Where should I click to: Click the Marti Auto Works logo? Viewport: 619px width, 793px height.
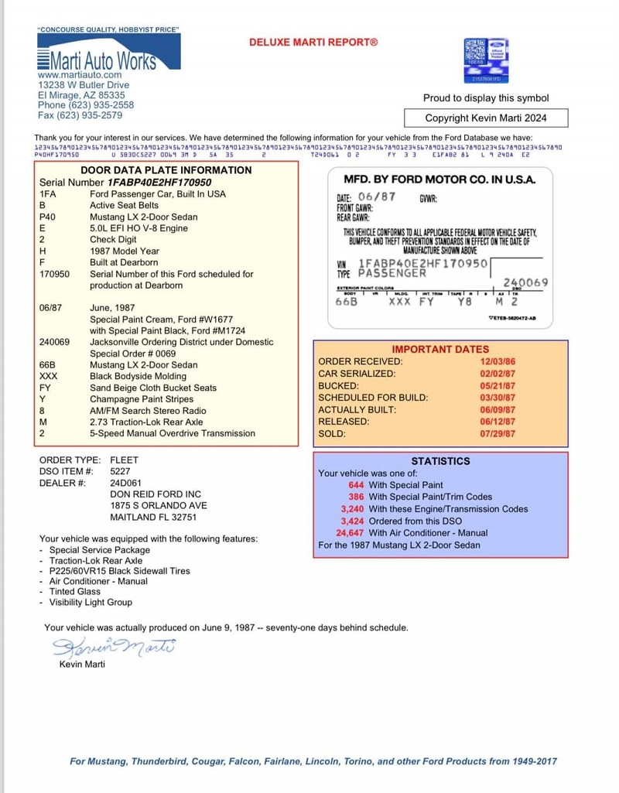point(108,52)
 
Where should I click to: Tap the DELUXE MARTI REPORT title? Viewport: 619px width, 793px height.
point(313,43)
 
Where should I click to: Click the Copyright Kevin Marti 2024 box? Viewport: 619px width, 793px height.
point(486,118)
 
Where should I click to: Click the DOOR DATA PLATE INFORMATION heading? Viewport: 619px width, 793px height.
point(166,170)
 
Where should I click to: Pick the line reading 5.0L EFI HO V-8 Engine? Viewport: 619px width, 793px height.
point(139,229)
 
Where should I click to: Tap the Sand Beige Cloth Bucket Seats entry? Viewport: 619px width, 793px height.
point(153,388)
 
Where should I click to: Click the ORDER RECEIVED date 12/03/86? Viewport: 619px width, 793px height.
point(498,361)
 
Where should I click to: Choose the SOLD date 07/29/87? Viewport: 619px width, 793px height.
point(498,434)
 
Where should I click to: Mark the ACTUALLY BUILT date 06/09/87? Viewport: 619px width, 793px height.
point(498,410)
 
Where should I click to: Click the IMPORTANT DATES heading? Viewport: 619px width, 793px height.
point(440,349)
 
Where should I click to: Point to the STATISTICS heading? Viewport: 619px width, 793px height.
point(440,461)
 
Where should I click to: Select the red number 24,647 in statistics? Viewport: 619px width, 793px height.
point(350,533)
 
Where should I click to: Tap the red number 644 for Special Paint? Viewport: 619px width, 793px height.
point(356,485)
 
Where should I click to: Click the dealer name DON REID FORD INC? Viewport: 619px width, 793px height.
point(156,494)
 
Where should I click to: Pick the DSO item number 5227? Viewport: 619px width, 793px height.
point(121,471)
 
